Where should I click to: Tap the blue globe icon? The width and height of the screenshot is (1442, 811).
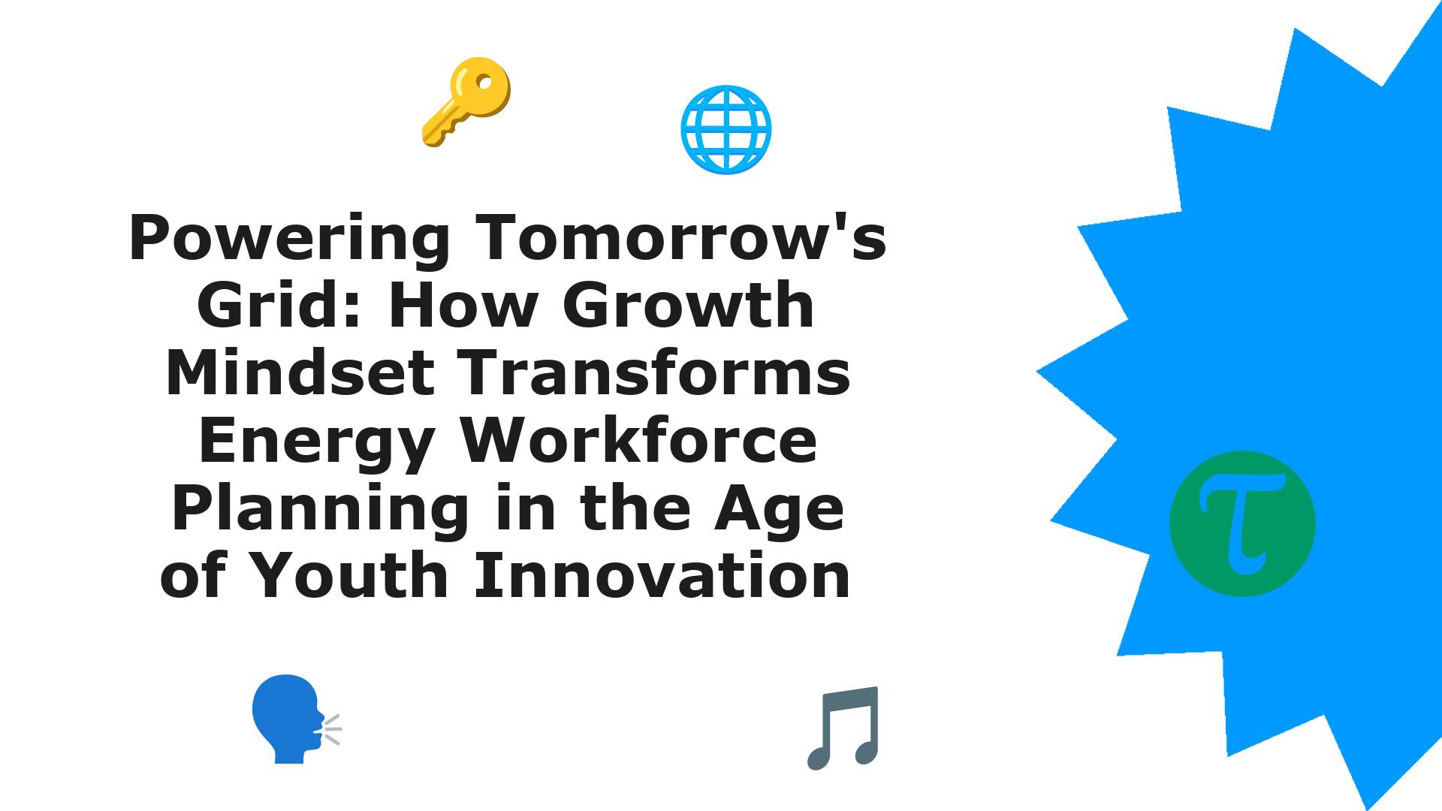coord(726,130)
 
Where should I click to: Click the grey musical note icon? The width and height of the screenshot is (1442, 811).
coord(843,728)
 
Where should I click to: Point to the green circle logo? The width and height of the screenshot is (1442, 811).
coord(1243,524)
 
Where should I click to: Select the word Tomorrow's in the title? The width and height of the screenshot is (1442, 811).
coord(681,238)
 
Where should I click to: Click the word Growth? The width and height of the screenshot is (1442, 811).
coord(689,305)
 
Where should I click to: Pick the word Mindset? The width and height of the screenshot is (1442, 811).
coord(300,372)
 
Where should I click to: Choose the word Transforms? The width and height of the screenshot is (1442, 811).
coord(654,372)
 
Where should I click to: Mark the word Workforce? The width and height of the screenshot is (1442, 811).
coord(639,440)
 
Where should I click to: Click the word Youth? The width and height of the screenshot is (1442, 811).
coord(348,575)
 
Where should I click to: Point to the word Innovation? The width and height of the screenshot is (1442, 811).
coord(662,575)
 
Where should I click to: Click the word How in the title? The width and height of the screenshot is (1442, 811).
coord(464,305)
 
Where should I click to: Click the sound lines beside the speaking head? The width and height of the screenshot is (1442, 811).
coord(330,729)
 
